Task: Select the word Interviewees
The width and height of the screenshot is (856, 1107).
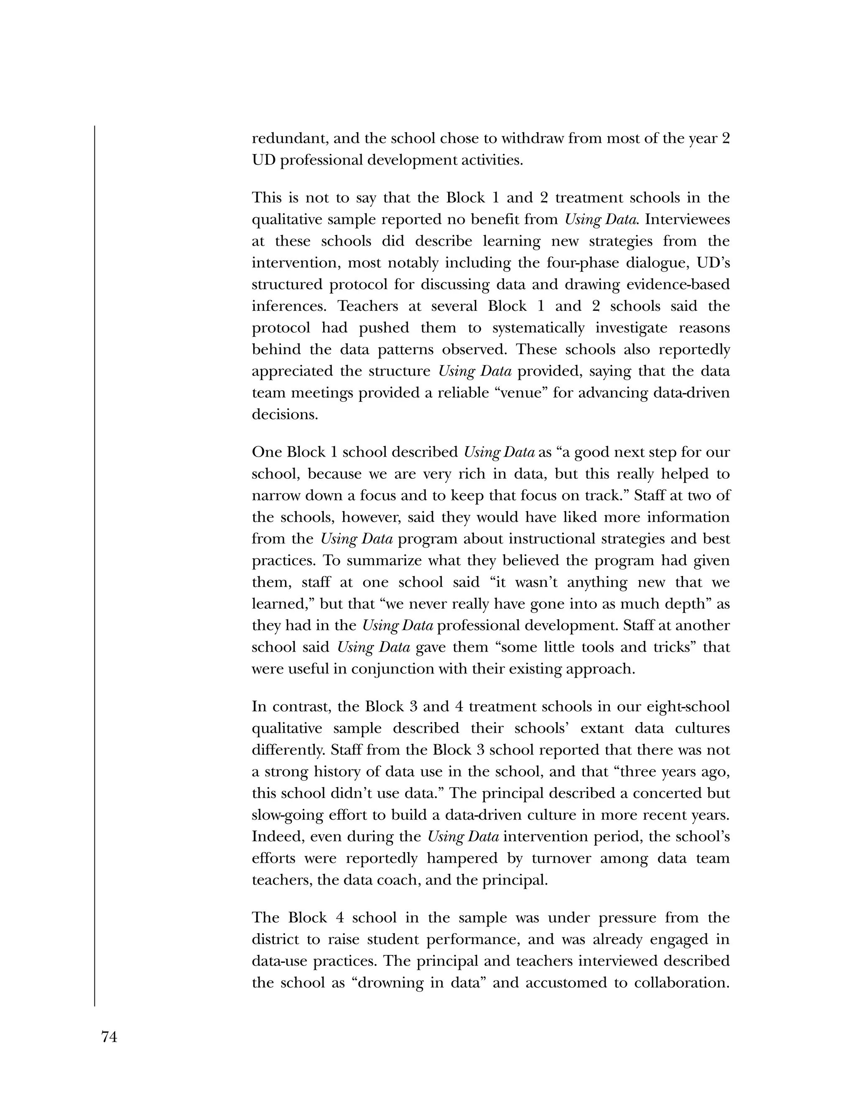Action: (x=687, y=219)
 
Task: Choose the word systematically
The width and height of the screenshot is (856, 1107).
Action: (x=538, y=328)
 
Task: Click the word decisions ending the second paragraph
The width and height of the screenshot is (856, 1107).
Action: (x=285, y=415)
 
